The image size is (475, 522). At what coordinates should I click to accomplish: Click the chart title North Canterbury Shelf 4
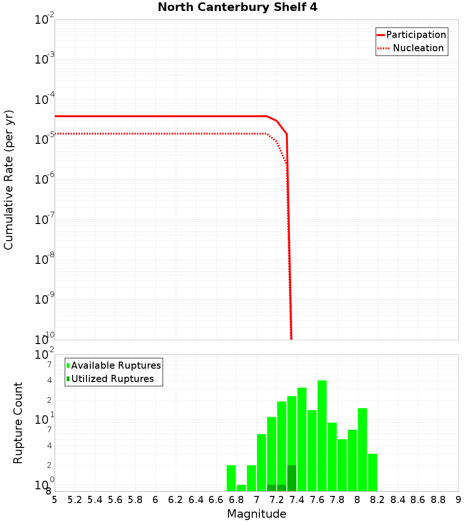pos(237,8)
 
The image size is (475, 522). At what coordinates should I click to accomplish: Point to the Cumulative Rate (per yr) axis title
pos(9,179)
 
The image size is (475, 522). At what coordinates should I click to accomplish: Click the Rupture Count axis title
pos(18,423)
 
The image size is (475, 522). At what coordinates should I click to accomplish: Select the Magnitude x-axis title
pos(256,514)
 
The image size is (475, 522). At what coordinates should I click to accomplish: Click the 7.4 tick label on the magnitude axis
pos(297,500)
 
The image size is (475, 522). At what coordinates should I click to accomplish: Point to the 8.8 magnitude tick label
pos(438,500)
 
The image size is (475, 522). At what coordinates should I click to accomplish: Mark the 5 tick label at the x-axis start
pos(55,500)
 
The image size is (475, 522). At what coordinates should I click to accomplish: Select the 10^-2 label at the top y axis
pos(44,20)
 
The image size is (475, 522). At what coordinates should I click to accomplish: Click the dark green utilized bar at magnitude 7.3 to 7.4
pos(292,478)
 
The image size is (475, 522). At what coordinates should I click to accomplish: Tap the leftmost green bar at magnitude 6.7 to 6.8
pos(231,478)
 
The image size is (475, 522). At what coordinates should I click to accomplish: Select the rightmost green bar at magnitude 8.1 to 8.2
pos(372,472)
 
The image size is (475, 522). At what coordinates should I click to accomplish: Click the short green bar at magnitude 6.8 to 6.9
pos(241,488)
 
